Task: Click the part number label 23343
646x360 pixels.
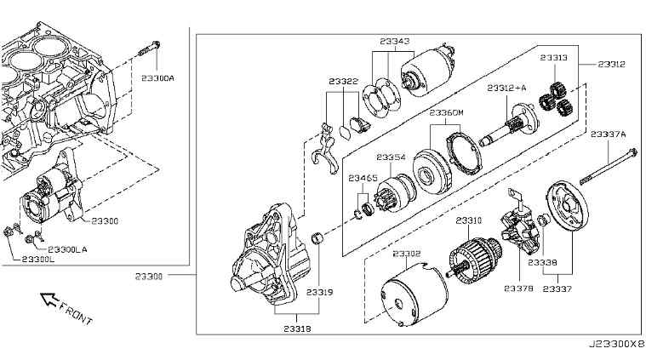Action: pyautogui.click(x=395, y=41)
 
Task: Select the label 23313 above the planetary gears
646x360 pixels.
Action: pyautogui.click(x=554, y=58)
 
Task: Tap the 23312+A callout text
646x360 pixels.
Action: pyautogui.click(x=506, y=88)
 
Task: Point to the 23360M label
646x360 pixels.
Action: pyautogui.click(x=446, y=112)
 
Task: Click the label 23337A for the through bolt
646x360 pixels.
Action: pyautogui.click(x=608, y=134)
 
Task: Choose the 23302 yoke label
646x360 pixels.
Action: pyautogui.click(x=407, y=254)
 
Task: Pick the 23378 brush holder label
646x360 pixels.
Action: pyautogui.click(x=518, y=289)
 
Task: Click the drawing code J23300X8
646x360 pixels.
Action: pyautogui.click(x=616, y=343)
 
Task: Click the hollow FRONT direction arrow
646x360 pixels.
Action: pyautogui.click(x=49, y=299)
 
